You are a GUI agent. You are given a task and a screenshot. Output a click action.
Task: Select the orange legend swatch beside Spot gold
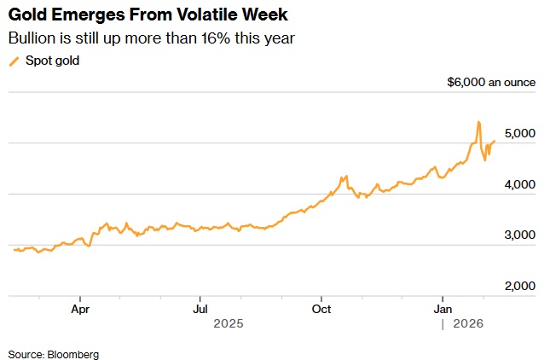coord(14,61)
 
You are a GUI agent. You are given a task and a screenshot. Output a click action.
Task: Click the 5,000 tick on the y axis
coord(518,134)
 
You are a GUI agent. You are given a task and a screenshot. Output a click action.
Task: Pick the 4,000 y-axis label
coord(518,184)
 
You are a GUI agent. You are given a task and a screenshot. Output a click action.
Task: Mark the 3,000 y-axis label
coord(518,235)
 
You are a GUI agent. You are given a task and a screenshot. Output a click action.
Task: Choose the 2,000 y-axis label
coord(518,286)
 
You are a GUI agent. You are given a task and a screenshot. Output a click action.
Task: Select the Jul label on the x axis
coord(201,308)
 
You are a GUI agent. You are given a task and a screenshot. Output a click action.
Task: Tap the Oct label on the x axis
coord(322,308)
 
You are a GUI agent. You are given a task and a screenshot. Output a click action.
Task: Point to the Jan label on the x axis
coord(443,308)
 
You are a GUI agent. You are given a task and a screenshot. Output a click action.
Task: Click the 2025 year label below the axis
coord(229,324)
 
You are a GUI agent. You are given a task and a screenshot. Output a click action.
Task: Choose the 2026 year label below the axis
coord(468,324)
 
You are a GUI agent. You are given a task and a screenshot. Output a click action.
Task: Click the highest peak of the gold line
coord(478,122)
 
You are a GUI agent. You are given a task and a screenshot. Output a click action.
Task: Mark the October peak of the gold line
coord(344,177)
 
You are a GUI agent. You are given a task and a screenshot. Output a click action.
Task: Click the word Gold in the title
coord(26,15)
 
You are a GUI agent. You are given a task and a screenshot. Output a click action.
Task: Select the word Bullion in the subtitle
coord(29,38)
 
